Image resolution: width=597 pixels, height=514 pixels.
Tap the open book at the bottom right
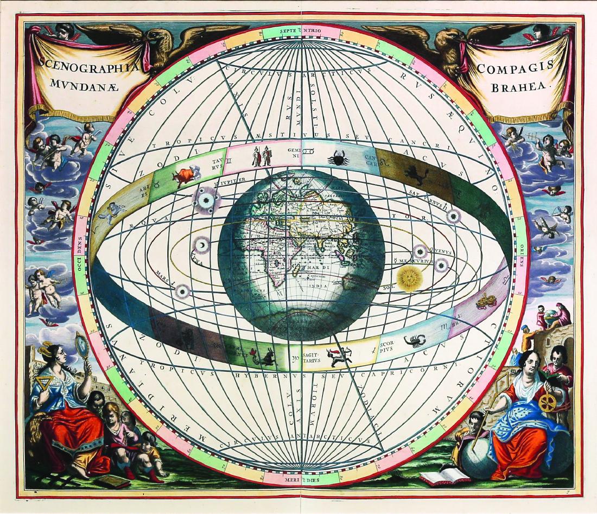tap(444, 478)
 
